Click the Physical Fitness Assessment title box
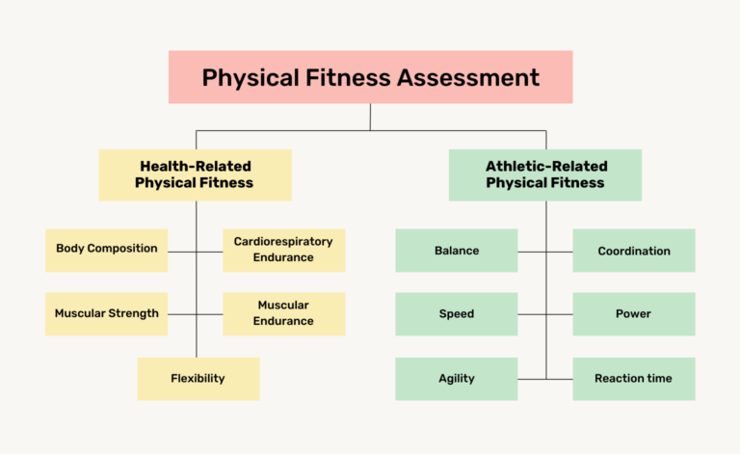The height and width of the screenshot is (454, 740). coord(370,77)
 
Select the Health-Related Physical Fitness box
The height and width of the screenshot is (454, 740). coord(195,174)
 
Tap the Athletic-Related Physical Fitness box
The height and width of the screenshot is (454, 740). coord(544,174)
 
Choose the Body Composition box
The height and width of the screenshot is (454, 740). coord(106,249)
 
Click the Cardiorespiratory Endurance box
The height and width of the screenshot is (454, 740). coord(283,250)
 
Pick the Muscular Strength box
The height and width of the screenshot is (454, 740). coord(106,313)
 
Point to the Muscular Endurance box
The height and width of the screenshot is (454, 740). coord(283,313)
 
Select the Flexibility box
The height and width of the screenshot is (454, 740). coord(198,379)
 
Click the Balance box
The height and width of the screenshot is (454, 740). coord(457,251)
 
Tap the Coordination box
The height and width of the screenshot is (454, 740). coord(634,251)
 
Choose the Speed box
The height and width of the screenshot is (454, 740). coord(457,313)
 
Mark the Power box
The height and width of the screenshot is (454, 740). coord(634,313)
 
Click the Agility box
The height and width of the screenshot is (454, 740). coord(457,379)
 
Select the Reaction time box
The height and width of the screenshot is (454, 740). coord(634,379)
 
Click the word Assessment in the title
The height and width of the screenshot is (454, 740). coord(469,77)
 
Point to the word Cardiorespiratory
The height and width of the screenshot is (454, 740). coord(283,242)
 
